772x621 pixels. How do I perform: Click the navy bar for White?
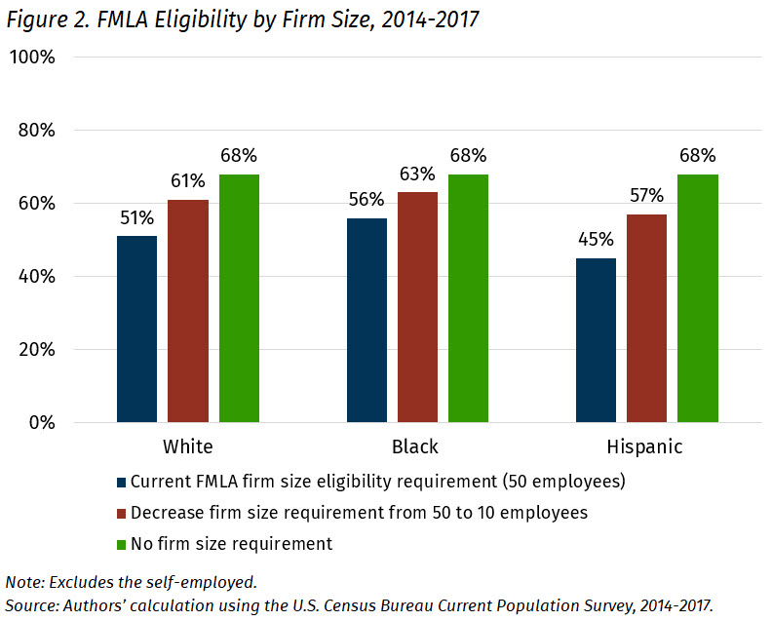(136, 330)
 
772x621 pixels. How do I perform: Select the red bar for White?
(188, 311)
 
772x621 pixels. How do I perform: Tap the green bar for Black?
(468, 298)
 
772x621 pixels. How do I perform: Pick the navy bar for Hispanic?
(596, 340)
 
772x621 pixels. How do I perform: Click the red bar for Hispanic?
(646, 319)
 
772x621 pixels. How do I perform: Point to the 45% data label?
(596, 240)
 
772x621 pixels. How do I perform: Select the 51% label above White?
(136, 217)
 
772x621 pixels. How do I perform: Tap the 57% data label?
(646, 196)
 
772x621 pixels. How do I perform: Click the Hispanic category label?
(646, 447)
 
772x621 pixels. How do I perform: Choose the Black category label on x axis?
(416, 447)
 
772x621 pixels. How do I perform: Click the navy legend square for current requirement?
(121, 483)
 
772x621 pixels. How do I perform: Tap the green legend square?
(121, 544)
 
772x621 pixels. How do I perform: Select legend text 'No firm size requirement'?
(231, 544)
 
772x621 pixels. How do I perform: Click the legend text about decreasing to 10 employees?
(359, 513)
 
